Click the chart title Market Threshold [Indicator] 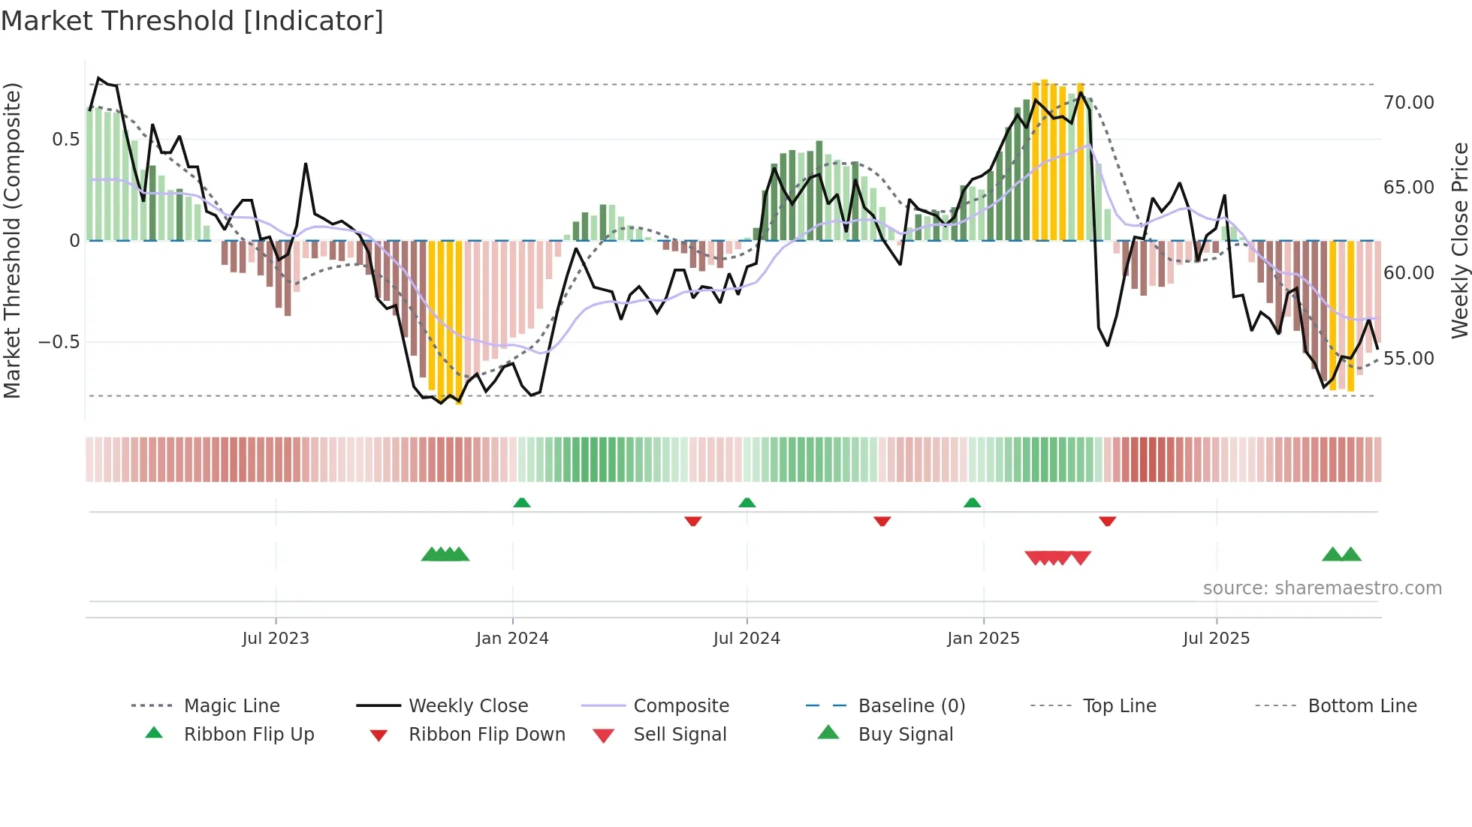[192, 21]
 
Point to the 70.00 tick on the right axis [1408, 103]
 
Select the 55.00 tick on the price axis [1408, 359]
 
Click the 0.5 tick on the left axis [65, 140]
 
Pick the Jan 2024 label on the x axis [512, 639]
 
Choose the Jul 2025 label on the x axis [1216, 639]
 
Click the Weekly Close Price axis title [1459, 240]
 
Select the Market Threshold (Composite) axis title [12, 240]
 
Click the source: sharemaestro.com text [1322, 588]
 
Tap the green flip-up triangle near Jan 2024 [522, 503]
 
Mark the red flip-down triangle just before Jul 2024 [693, 521]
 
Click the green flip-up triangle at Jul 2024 [747, 503]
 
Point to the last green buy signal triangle [1351, 555]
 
